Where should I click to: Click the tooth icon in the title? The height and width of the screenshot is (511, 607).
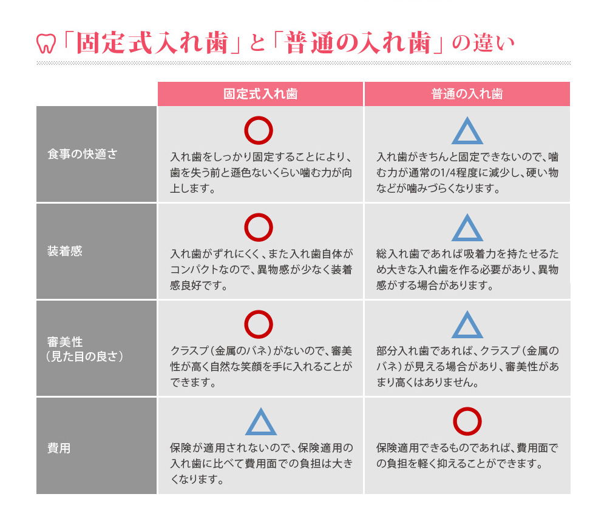[x=46, y=44]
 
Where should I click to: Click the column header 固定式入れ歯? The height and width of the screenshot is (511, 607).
[x=260, y=94]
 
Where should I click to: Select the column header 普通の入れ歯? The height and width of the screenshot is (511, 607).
[x=467, y=94]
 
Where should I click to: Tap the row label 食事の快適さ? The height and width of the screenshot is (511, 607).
[x=82, y=154]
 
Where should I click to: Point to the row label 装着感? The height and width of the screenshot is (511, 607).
[x=64, y=251]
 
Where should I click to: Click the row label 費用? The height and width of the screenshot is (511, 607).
[x=59, y=449]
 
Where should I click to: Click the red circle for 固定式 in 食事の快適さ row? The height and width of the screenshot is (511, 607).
[x=259, y=130]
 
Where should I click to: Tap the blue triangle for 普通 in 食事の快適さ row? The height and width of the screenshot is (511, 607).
[x=467, y=132]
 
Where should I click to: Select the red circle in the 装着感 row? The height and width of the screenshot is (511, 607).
[x=259, y=227]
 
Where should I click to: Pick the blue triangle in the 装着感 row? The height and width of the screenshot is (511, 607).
[x=467, y=229]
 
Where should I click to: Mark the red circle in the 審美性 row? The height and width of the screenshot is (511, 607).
[x=259, y=324]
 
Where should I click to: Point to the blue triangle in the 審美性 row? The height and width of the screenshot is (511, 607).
[x=467, y=326]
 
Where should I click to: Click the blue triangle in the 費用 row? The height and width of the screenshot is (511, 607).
[x=261, y=422]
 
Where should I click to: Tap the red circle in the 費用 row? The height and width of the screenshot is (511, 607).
[x=467, y=421]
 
